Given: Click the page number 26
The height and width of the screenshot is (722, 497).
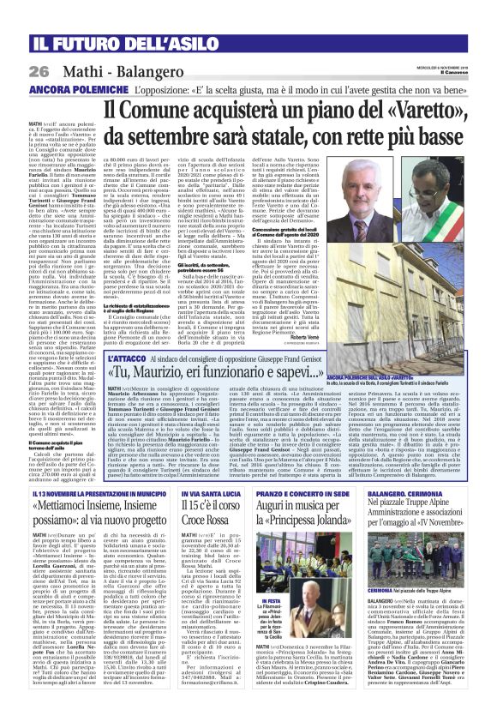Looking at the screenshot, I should (x=39, y=70).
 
